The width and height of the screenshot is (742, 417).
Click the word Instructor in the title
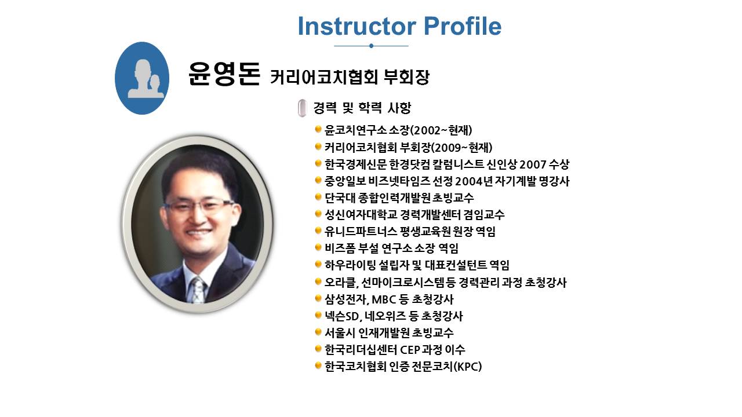click(x=357, y=26)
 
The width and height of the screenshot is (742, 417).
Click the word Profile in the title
click(x=463, y=26)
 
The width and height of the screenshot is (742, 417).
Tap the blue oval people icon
click(x=142, y=78)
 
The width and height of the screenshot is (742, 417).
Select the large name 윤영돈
click(x=224, y=74)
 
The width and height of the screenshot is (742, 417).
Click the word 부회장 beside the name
click(x=406, y=77)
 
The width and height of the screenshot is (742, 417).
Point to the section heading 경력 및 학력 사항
click(x=362, y=108)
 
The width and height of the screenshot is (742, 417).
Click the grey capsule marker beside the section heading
click(x=302, y=108)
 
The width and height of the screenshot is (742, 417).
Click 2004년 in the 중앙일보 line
click(x=474, y=181)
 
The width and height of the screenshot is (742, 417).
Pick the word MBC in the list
click(x=384, y=299)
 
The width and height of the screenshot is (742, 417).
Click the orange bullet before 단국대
click(x=318, y=197)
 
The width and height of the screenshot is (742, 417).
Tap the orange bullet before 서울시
click(x=318, y=332)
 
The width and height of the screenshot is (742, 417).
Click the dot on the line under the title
click(x=371, y=46)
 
